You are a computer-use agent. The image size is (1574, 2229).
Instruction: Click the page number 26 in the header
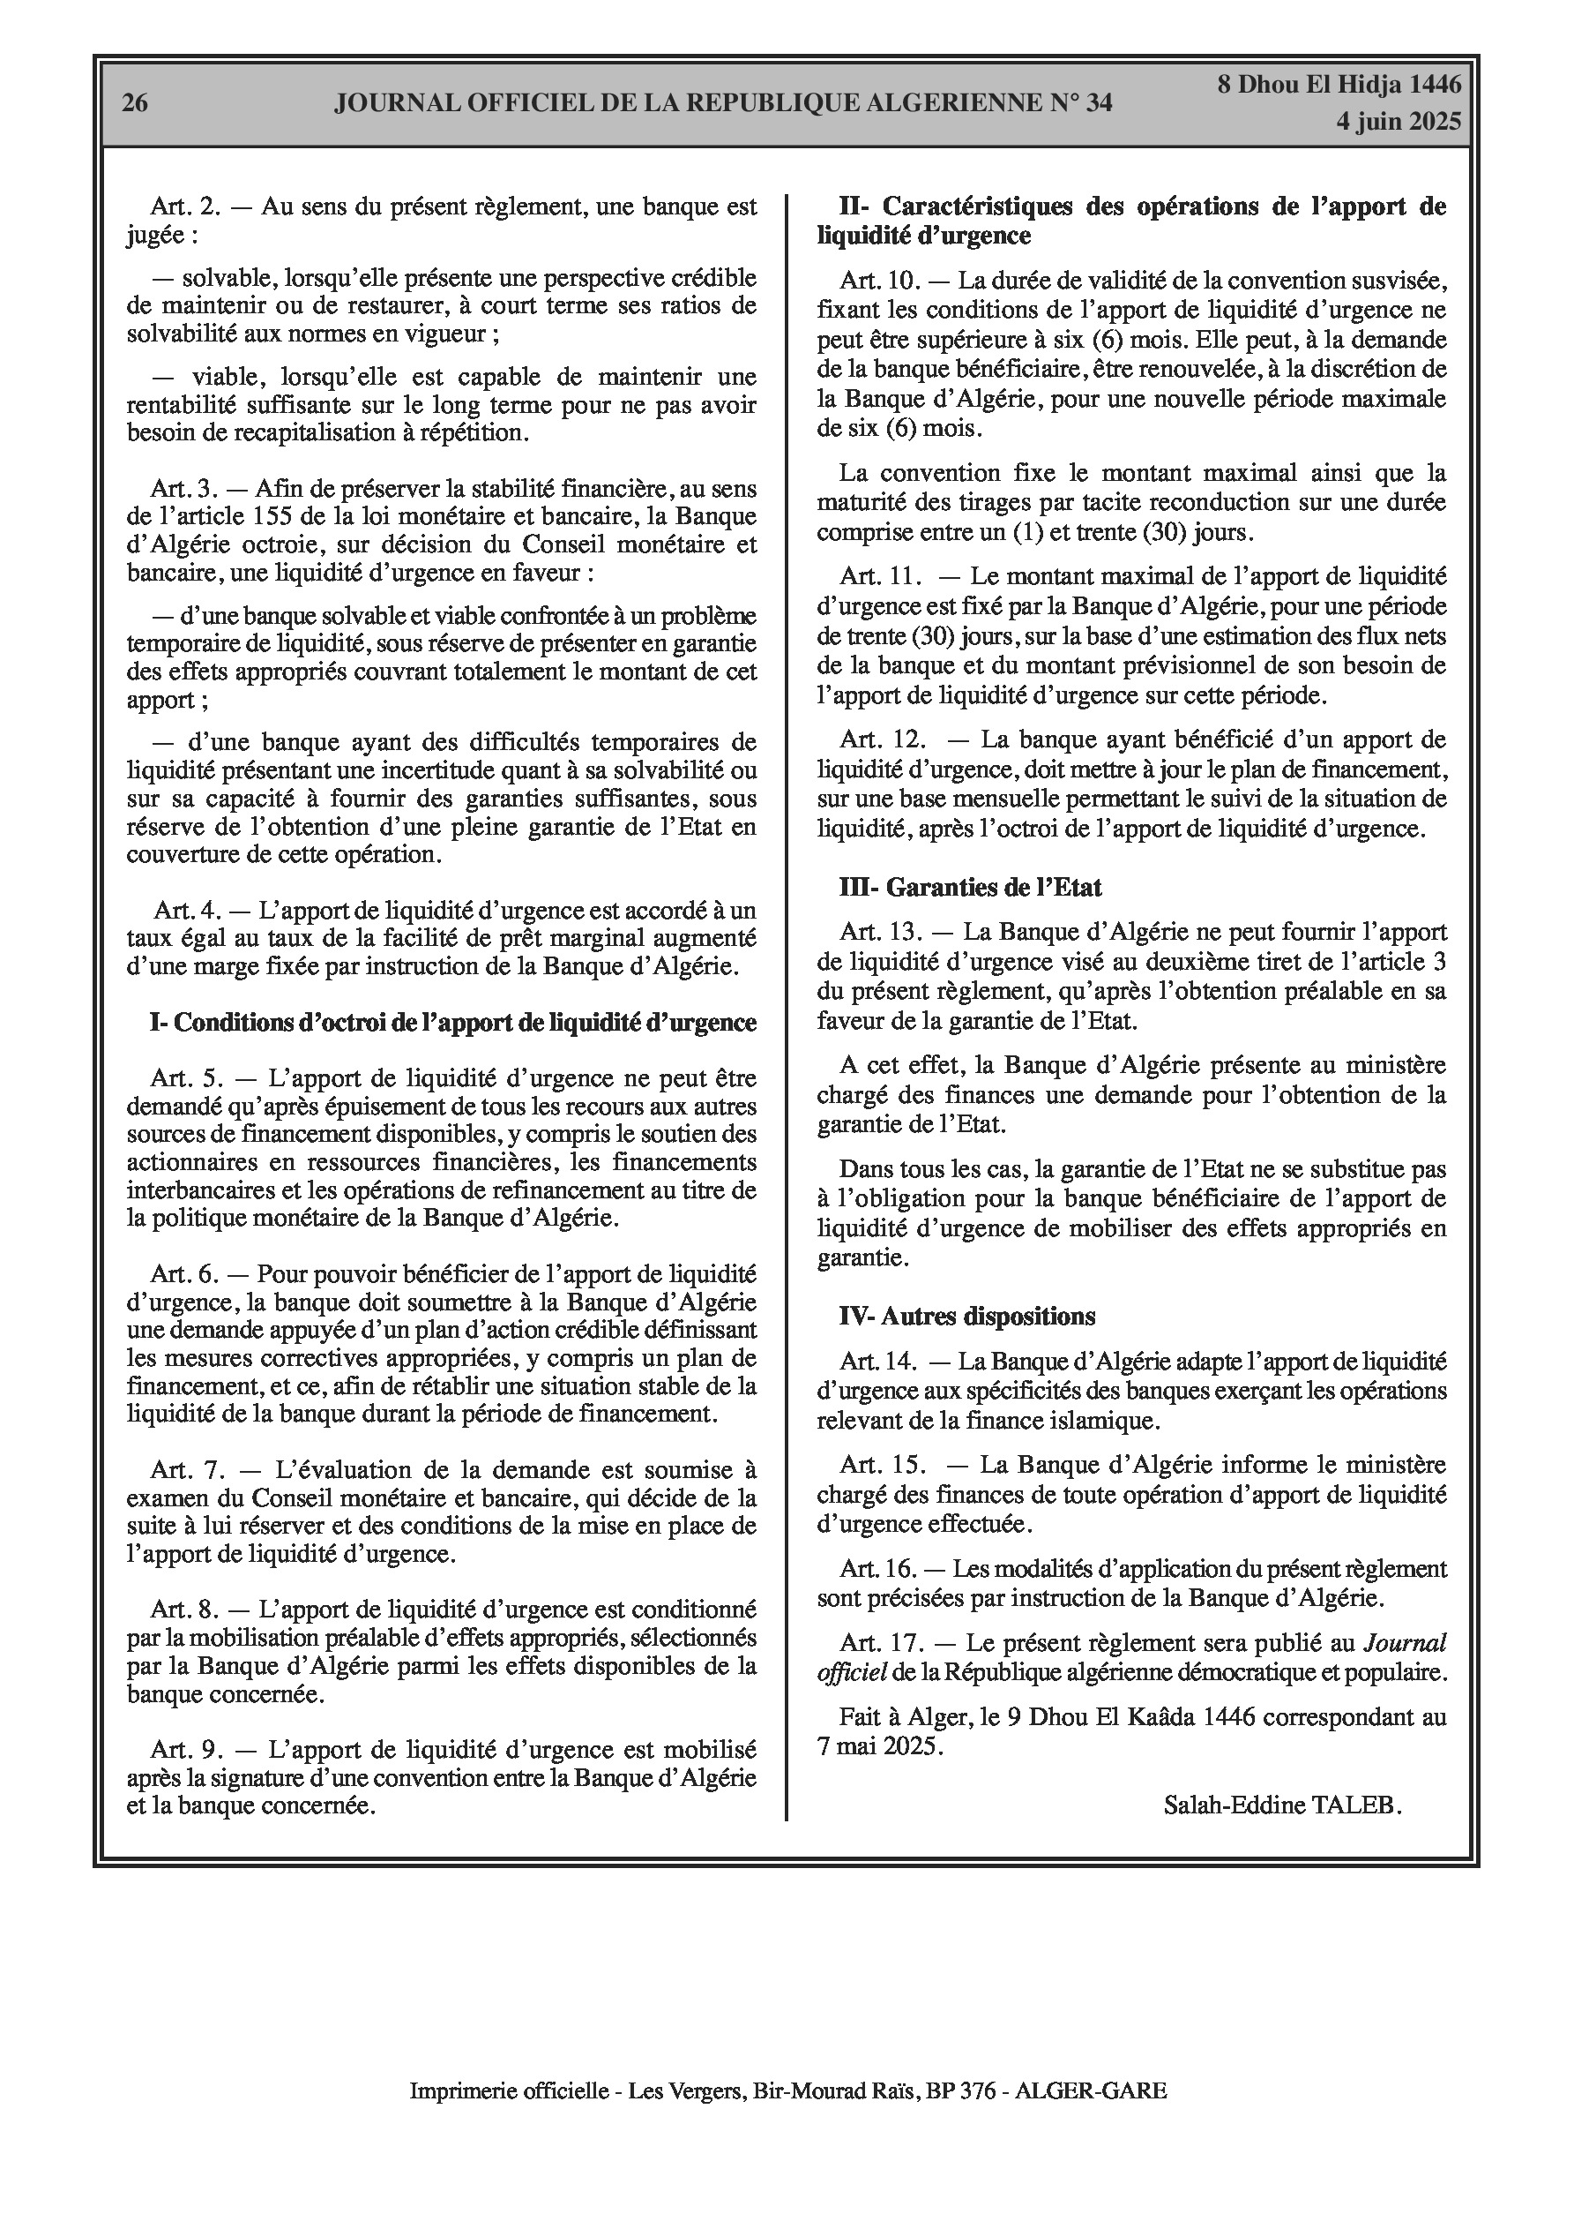(x=135, y=103)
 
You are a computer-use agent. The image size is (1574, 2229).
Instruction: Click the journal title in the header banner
(x=723, y=103)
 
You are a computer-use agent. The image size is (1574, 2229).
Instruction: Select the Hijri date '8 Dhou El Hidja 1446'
(x=1339, y=85)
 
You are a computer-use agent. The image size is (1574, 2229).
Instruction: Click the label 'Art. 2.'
(x=186, y=206)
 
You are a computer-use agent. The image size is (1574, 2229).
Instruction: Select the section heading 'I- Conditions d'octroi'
(x=452, y=1022)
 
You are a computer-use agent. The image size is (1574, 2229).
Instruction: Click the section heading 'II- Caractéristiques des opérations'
(x=1142, y=206)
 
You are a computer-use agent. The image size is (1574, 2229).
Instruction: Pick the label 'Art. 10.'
(x=880, y=281)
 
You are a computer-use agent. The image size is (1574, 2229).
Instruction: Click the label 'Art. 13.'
(x=880, y=932)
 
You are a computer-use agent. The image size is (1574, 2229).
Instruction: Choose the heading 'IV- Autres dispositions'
(x=967, y=1317)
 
